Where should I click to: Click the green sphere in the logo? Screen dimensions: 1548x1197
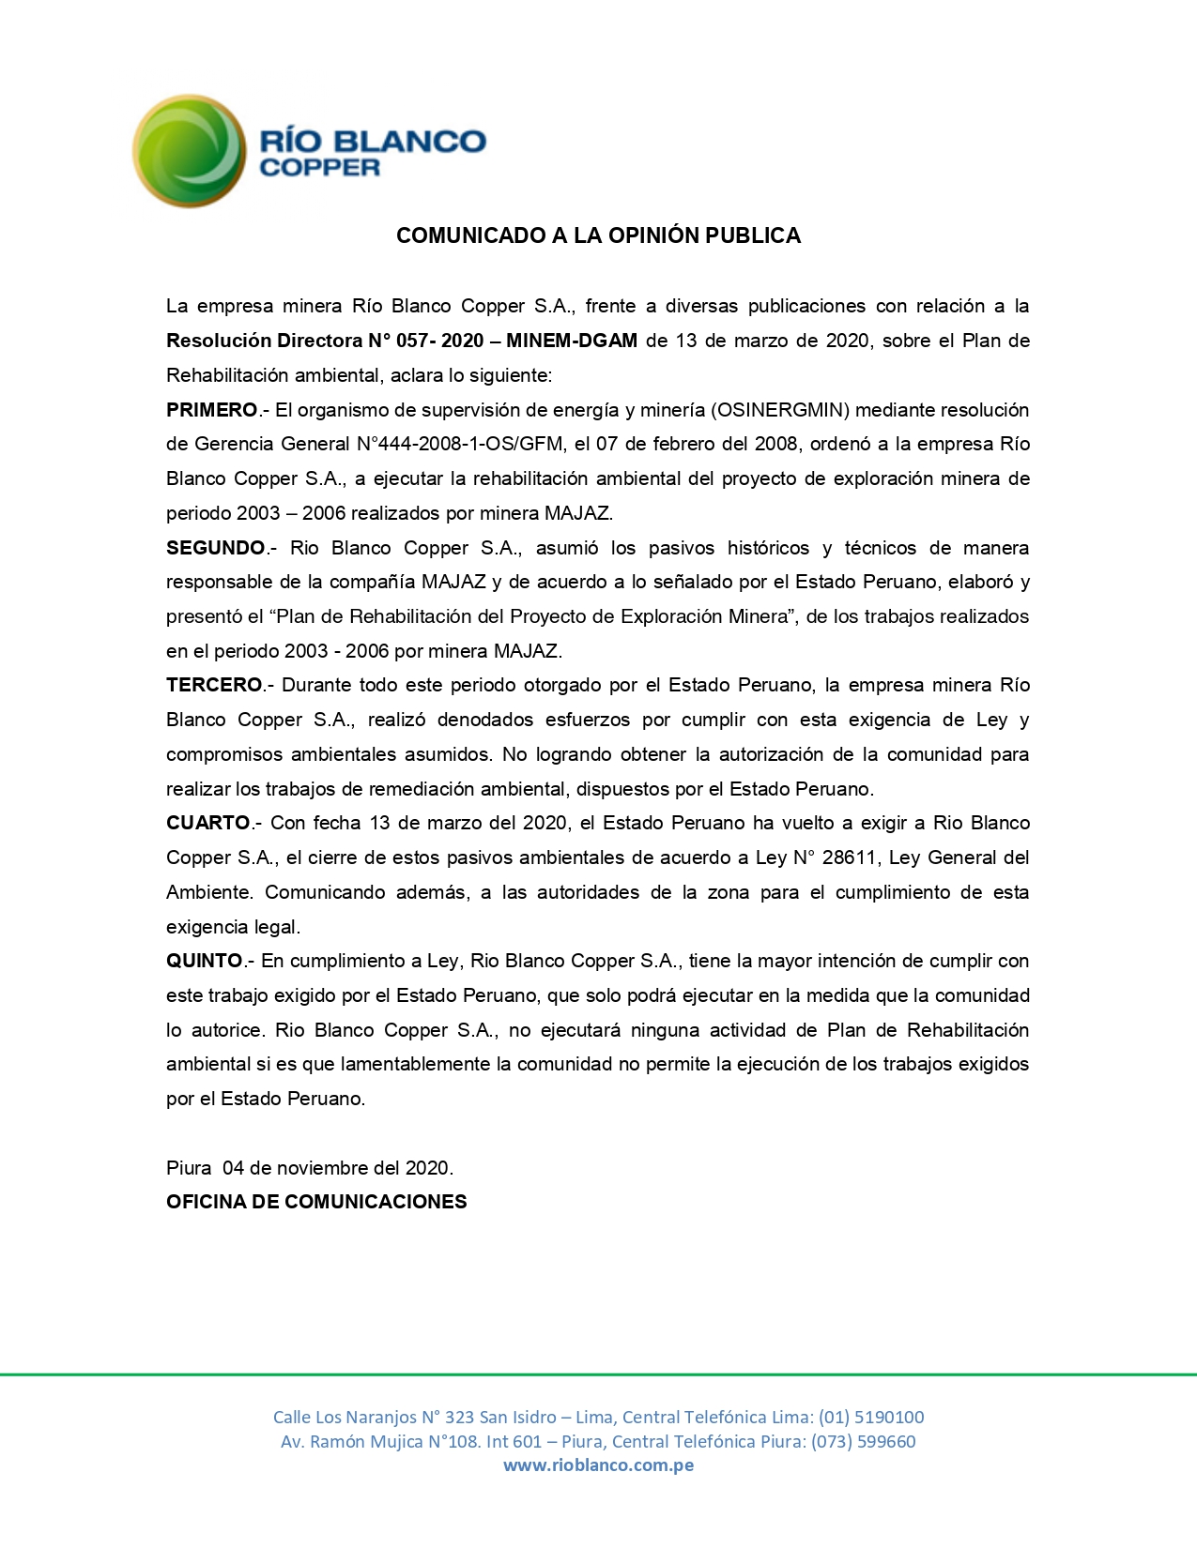tap(189, 150)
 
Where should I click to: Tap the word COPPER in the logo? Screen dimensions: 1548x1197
tap(319, 168)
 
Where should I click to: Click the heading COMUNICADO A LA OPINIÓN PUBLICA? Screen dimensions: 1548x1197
tap(598, 235)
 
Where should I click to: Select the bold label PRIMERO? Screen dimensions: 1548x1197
tap(211, 410)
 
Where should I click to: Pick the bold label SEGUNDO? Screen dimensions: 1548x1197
tap(216, 548)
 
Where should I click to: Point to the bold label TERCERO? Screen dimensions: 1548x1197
tap(214, 685)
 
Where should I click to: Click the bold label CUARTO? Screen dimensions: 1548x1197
tap(208, 823)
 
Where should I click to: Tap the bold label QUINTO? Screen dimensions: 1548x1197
tap(205, 961)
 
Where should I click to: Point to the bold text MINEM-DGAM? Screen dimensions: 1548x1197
tap(572, 341)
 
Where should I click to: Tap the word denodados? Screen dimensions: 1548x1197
tap(486, 720)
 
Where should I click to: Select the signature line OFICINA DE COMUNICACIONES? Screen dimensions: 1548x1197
tap(316, 1202)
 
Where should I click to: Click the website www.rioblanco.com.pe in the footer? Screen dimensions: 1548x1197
tap(598, 1465)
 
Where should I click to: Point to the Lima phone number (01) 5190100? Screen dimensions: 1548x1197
tap(870, 1417)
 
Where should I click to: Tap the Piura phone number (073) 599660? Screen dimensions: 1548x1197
tap(863, 1441)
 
